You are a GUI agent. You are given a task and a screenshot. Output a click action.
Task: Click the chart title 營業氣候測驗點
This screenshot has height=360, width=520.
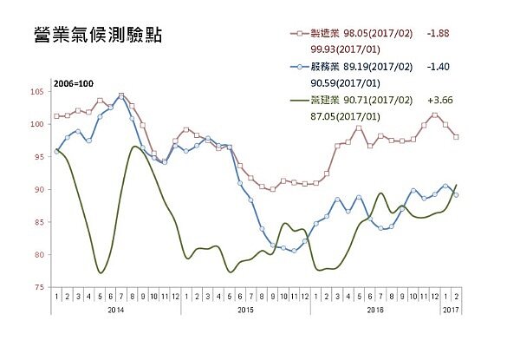(x=97, y=36)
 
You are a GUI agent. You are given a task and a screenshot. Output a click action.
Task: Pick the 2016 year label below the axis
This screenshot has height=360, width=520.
(x=375, y=308)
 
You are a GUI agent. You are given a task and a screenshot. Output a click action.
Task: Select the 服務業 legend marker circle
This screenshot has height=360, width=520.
(x=297, y=66)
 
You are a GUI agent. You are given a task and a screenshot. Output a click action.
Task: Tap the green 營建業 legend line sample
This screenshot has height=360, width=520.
(x=297, y=99)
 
